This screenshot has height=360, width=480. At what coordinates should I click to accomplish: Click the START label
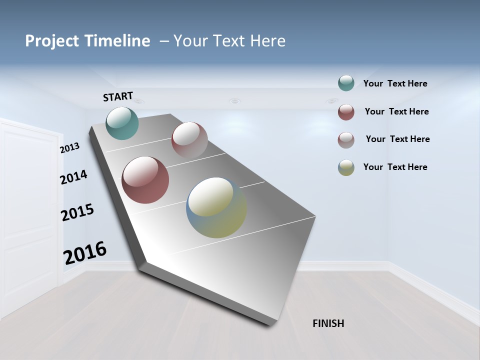118,96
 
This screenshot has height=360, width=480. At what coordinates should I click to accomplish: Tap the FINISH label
328,323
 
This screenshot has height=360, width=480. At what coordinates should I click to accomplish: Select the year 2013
69,147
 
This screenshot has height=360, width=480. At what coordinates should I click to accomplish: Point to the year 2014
73,177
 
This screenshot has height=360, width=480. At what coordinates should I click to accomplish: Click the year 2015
77,212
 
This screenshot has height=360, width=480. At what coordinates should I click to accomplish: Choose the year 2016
85,253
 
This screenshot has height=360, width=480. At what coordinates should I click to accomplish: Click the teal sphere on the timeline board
122,123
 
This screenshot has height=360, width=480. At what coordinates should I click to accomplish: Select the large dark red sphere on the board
145,180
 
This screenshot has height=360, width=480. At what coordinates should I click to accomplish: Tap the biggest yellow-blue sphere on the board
216,207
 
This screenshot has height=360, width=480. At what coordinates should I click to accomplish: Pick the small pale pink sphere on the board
189,139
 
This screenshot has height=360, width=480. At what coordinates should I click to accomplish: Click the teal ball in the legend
346,83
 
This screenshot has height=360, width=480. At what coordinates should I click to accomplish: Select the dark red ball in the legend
346,112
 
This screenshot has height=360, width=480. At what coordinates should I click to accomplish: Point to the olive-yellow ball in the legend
346,167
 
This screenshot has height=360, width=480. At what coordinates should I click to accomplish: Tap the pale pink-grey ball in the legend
346,140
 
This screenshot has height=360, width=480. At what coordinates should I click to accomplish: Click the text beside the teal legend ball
395,84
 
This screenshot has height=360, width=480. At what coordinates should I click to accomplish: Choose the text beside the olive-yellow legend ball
395,167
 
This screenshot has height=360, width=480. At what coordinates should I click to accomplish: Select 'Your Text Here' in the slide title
229,41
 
